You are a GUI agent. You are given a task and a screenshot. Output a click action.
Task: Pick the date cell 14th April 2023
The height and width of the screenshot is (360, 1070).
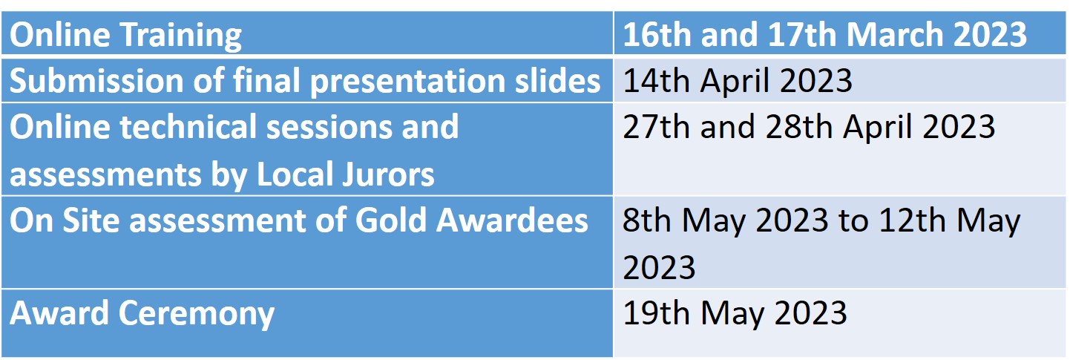(738, 80)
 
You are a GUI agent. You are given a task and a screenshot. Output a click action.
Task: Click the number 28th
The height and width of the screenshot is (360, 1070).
(799, 127)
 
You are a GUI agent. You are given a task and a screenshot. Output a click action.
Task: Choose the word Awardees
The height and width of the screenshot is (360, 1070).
(511, 220)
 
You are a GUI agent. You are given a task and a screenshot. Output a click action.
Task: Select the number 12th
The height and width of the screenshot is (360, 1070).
(912, 220)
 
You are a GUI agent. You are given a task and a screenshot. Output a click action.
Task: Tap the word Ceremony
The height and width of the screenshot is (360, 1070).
(197, 315)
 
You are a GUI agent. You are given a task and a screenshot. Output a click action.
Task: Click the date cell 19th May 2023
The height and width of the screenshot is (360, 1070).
(735, 314)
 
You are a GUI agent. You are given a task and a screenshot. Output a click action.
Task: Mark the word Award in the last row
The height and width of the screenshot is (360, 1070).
(59, 313)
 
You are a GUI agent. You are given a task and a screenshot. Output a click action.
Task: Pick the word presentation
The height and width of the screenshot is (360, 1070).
(407, 81)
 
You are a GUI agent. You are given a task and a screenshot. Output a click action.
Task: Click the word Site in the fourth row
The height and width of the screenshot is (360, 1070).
(91, 220)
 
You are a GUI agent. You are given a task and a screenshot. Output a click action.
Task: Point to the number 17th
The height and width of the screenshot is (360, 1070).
(802, 34)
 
